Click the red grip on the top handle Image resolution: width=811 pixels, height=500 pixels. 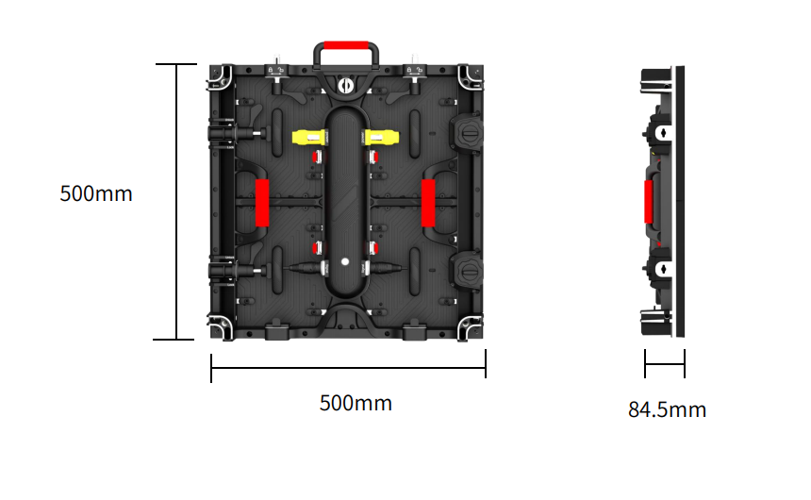point(346,45)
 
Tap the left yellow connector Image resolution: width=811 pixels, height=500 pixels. point(309,138)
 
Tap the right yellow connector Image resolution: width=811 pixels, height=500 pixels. point(382,138)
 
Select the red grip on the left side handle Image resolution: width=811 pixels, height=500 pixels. point(262,203)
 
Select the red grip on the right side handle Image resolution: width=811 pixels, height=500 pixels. point(428,203)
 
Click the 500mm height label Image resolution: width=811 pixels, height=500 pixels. point(96,193)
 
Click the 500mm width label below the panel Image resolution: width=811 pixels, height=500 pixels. point(356,403)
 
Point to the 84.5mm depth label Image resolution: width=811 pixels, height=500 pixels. point(668,409)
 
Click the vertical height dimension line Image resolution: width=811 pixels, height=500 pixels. point(176,202)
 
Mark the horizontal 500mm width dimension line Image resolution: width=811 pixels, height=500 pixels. point(348,368)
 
